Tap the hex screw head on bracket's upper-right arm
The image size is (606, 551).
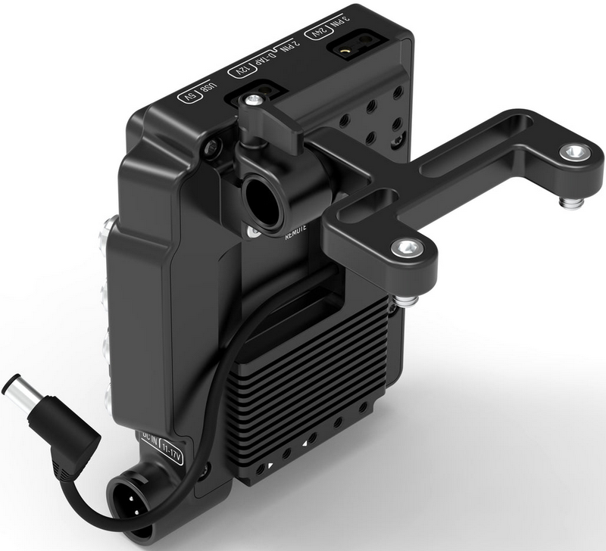[x=574, y=152]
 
